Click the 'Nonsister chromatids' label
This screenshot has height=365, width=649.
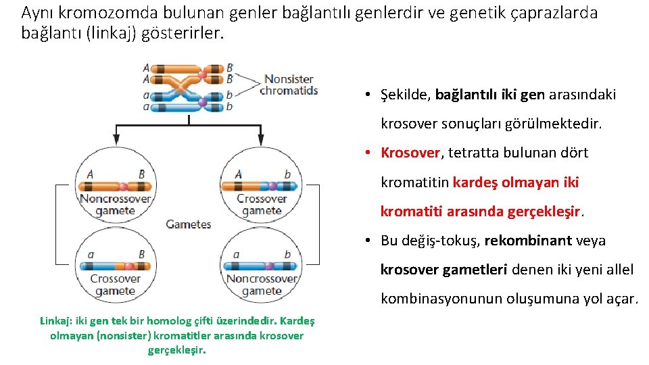289,85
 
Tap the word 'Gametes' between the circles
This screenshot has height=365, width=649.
188,224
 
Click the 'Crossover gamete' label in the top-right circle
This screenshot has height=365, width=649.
262,205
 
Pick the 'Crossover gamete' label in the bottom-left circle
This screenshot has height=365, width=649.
116,285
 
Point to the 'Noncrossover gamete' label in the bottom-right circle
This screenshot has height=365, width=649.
262,285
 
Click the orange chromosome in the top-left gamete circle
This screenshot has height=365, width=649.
116,186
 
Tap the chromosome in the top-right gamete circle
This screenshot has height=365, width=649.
262,186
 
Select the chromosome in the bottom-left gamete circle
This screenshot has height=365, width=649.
116,266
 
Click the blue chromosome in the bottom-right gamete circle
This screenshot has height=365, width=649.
262,266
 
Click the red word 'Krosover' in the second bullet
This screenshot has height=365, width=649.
410,153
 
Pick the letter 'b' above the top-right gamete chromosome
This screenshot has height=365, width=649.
287,174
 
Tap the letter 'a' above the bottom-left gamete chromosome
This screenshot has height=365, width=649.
91,254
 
